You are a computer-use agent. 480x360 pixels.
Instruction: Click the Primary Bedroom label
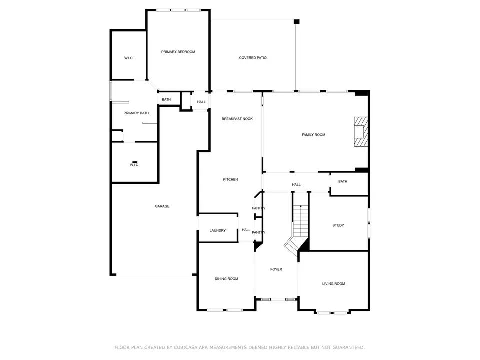(x=178, y=52)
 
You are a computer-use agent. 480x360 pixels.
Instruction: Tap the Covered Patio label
(x=253, y=58)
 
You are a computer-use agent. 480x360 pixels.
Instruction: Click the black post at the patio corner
(x=296, y=21)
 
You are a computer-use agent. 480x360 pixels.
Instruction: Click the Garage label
(x=162, y=206)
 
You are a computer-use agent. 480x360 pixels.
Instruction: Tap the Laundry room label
(x=217, y=231)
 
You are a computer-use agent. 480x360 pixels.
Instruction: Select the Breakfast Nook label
(x=237, y=119)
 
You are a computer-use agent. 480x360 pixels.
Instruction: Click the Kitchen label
(x=230, y=179)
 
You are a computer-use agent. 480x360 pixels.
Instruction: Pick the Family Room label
(x=314, y=135)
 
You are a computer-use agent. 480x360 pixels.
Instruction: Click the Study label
(x=338, y=225)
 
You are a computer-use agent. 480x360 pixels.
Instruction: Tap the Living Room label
(x=333, y=284)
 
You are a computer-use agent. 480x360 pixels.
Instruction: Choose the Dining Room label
(x=226, y=279)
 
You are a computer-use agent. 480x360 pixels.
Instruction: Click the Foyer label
(x=276, y=269)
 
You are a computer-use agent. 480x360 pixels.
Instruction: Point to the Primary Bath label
(x=136, y=113)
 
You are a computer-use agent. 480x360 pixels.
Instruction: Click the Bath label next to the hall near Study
(x=343, y=182)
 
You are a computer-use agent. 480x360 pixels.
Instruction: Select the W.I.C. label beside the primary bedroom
(x=129, y=58)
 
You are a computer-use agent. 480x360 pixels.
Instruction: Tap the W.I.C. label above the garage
(x=134, y=165)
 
